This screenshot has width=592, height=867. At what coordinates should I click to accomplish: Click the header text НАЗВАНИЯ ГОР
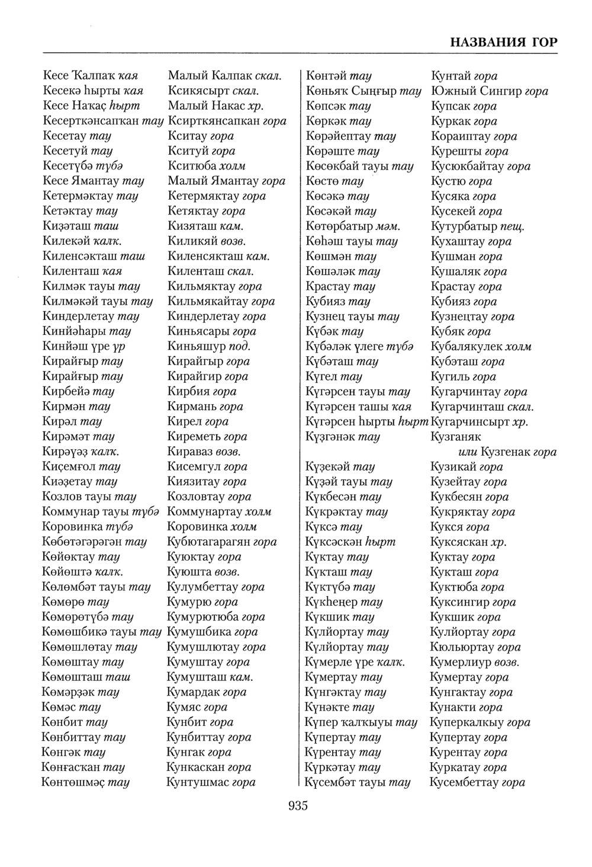pyautogui.click(x=503, y=43)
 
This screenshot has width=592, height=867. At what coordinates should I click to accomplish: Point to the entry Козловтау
pyautogui.click(x=195, y=497)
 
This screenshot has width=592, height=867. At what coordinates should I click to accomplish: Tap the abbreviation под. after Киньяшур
pyautogui.click(x=239, y=347)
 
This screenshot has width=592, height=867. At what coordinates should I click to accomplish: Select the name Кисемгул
pyautogui.click(x=194, y=466)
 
